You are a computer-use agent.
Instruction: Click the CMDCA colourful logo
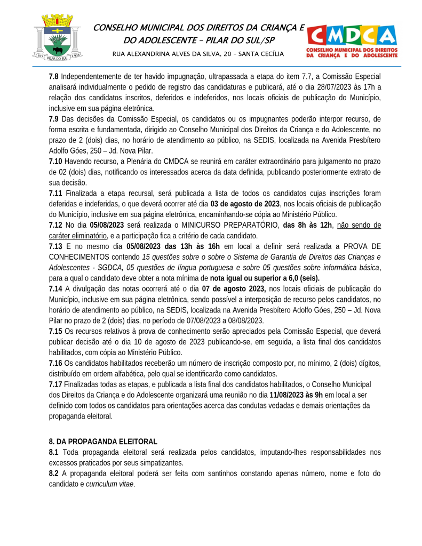(352, 40)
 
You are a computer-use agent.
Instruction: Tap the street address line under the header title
(198, 54)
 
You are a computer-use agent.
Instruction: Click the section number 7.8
(54, 77)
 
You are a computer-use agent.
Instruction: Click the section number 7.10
(55, 160)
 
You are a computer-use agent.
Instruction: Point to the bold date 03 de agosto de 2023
(245, 204)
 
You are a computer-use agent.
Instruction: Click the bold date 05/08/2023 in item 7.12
(107, 225)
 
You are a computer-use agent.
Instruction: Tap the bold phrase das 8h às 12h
(307, 225)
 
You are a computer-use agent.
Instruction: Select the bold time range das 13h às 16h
(192, 246)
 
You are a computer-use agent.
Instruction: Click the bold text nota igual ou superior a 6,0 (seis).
(265, 278)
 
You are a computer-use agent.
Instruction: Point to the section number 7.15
(55, 331)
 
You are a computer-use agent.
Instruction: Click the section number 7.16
(55, 363)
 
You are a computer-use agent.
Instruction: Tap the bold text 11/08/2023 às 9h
(296, 395)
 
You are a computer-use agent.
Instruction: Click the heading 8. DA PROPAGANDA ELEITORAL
(103, 441)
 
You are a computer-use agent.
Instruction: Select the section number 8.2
(54, 473)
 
